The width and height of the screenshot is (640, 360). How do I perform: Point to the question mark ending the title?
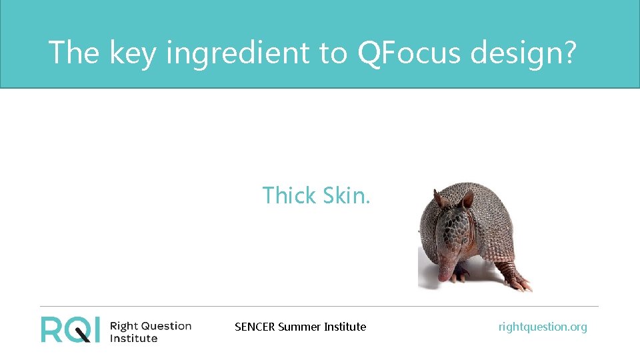(x=567, y=52)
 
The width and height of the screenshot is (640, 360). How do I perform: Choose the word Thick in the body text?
(x=289, y=195)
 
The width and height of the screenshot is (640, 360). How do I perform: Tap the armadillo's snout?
(x=445, y=275)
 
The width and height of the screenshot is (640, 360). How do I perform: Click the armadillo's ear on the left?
(x=438, y=199)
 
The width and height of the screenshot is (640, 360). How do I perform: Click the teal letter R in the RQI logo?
(x=52, y=329)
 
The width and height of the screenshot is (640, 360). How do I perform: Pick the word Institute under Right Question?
(x=133, y=339)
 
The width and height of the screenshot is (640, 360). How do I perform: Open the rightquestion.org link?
(x=543, y=327)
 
